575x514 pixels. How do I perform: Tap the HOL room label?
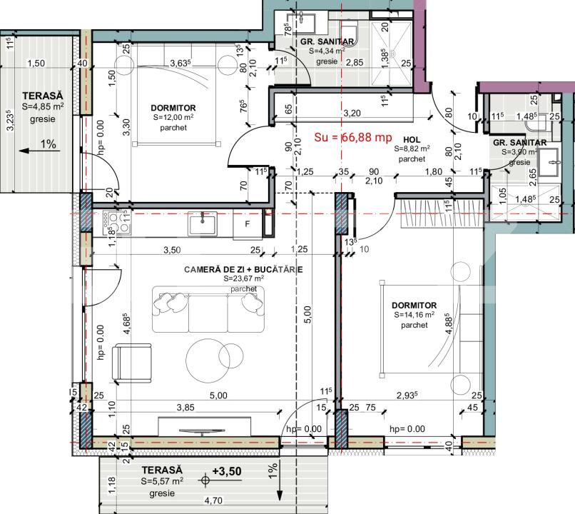pyautogui.click(x=412, y=139)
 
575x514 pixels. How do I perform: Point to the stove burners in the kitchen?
pyautogui.click(x=113, y=224)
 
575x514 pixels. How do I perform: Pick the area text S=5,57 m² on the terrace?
pyautogui.click(x=162, y=482)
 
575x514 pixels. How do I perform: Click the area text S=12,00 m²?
pyautogui.click(x=173, y=118)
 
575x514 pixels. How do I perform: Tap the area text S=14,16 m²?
pyautogui.click(x=414, y=315)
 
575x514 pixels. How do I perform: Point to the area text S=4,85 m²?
pyautogui.click(x=42, y=106)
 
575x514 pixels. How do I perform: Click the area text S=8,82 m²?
pyautogui.click(x=412, y=149)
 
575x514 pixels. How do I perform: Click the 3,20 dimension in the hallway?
pyautogui.click(x=350, y=113)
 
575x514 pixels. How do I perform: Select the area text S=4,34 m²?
pyautogui.click(x=327, y=51)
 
